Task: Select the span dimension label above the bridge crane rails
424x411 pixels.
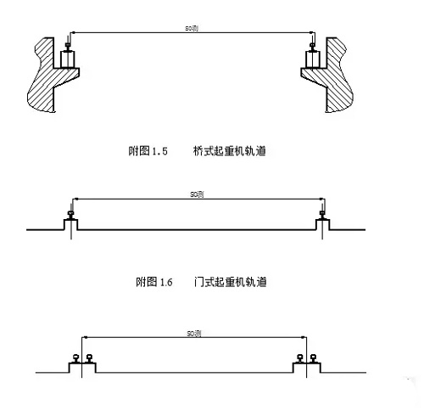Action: (x=193, y=29)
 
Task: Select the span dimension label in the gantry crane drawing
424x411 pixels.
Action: (x=194, y=194)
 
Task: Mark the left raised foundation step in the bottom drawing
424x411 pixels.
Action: (x=82, y=367)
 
